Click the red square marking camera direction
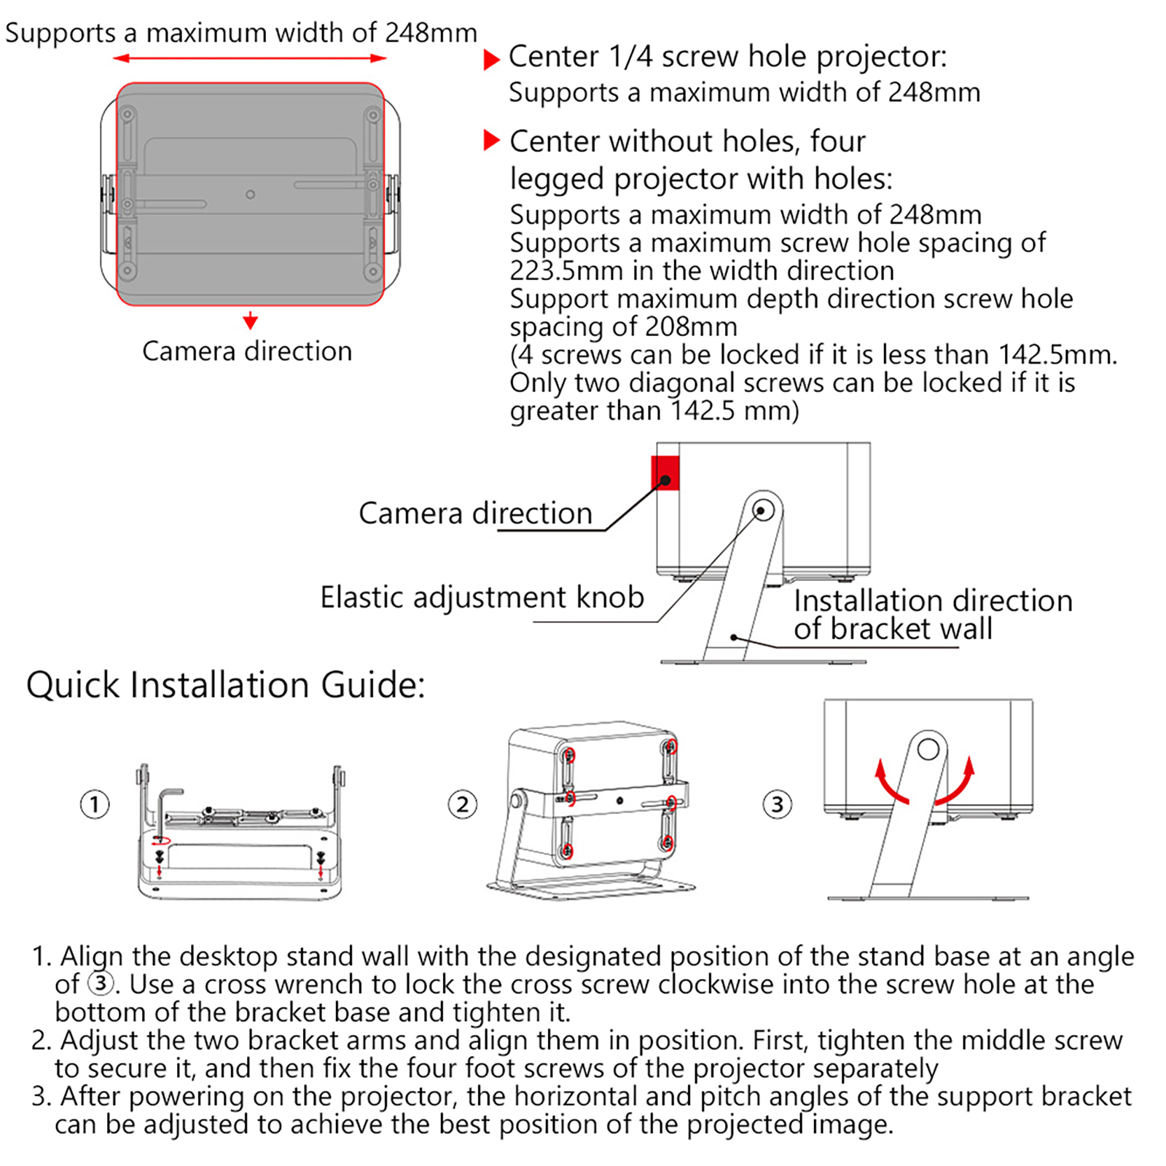[665, 473]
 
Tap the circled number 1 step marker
[95, 805]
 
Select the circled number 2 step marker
[463, 805]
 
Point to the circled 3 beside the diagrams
[778, 805]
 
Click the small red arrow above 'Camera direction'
[251, 321]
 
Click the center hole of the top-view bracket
[251, 195]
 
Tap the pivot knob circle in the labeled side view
[763, 510]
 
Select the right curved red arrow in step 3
[958, 783]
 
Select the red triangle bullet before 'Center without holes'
[492, 140]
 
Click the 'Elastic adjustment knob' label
[482, 598]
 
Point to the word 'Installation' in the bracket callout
[857, 602]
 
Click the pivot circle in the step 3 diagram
[928, 749]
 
